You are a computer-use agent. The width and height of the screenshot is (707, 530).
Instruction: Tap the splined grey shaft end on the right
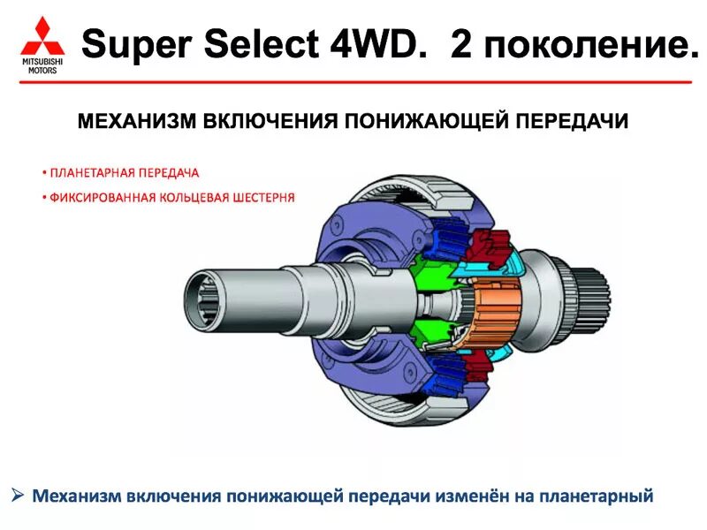[592, 297]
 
